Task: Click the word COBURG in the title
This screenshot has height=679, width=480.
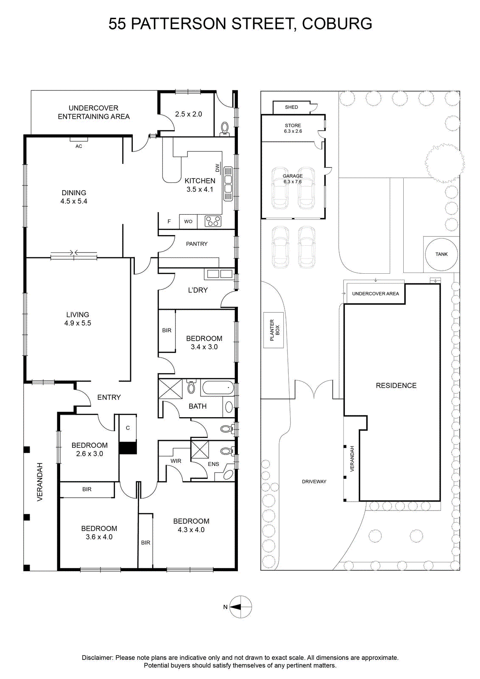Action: (337, 24)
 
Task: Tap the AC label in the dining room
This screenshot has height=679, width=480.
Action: (79, 146)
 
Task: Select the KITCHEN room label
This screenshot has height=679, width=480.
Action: (200, 181)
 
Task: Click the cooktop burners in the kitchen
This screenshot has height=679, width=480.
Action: (213, 221)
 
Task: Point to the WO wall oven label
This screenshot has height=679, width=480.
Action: (188, 222)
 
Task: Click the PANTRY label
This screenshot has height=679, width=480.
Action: (197, 244)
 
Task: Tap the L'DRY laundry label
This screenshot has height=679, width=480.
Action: (198, 290)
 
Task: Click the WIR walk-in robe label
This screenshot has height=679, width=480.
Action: (176, 461)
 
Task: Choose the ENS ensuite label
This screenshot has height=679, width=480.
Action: (214, 464)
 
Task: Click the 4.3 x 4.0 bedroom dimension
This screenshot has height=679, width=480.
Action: (191, 530)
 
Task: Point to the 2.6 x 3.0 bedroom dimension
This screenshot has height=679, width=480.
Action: (89, 454)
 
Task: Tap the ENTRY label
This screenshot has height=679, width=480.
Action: (109, 397)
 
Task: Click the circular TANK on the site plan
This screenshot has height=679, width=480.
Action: (441, 254)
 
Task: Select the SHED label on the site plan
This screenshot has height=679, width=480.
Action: (291, 107)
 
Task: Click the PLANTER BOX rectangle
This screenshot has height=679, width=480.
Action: (273, 330)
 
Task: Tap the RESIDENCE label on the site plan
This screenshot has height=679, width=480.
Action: (396, 386)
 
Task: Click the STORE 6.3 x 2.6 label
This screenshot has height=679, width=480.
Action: (293, 128)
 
